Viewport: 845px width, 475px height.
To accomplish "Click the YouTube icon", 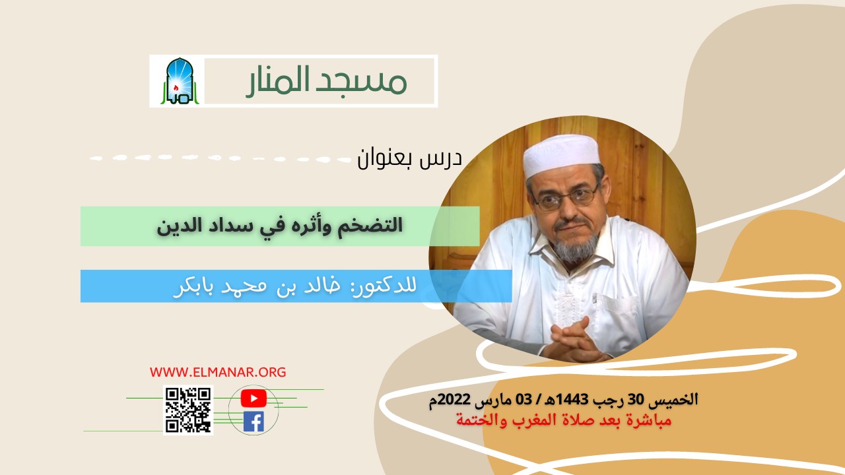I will coord(253,398).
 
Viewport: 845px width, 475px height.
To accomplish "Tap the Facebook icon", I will coord(253,422).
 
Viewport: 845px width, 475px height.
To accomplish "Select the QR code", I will coord(188,410).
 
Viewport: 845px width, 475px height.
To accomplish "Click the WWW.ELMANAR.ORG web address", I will coord(218,372).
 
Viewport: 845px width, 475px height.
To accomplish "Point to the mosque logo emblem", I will coord(176,81).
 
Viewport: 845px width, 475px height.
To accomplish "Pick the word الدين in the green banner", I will coord(178,226).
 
